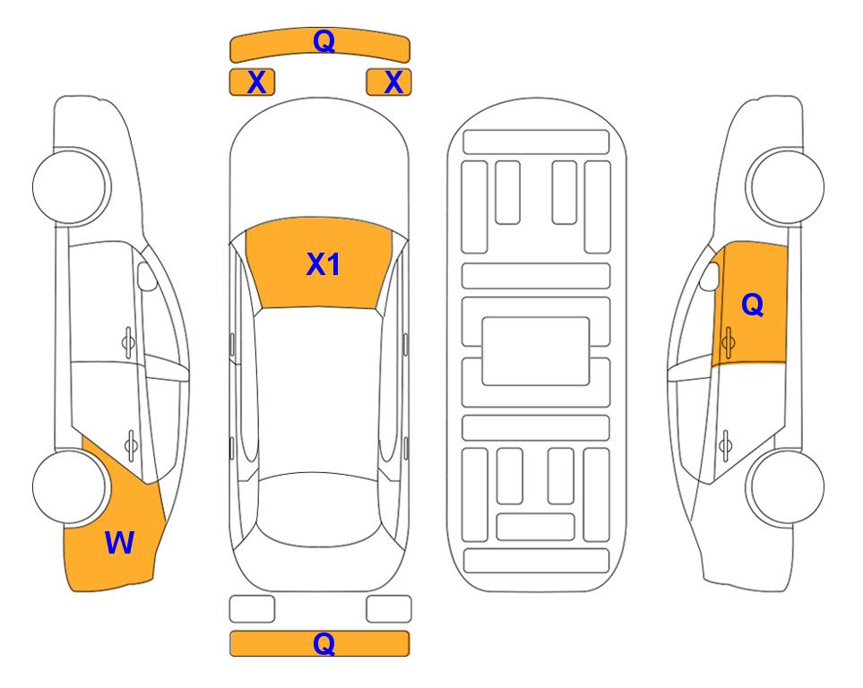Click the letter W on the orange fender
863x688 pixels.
(119, 543)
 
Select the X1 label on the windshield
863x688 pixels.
(324, 264)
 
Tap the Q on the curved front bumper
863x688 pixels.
(324, 40)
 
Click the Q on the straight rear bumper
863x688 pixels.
(324, 643)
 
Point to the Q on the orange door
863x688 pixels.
(753, 304)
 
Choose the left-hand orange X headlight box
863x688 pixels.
(252, 82)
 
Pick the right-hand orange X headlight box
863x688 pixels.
(389, 82)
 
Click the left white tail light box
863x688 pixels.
(252, 609)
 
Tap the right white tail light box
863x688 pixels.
(389, 609)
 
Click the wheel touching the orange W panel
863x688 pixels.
(70, 487)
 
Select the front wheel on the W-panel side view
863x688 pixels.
(70, 187)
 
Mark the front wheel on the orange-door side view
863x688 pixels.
(785, 187)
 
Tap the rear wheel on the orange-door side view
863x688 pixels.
(785, 487)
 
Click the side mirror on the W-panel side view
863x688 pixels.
(147, 276)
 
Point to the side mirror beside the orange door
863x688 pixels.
(710, 276)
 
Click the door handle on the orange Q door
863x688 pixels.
(728, 342)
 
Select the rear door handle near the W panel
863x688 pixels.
(131, 444)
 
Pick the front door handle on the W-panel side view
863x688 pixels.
(128, 342)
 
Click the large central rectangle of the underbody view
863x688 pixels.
(536, 351)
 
